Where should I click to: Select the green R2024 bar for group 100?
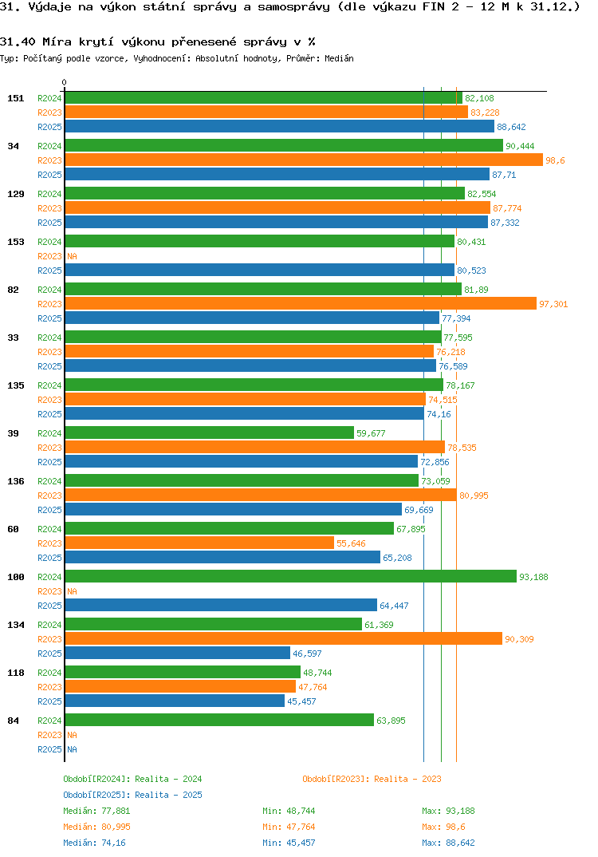click(290, 576)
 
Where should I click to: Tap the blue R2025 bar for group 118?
click(175, 701)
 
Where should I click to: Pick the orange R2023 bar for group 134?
click(283, 638)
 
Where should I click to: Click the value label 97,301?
click(553, 304)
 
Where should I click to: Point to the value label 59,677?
click(371, 433)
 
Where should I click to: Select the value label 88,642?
click(511, 127)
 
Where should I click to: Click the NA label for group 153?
click(72, 256)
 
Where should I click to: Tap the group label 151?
click(15, 98)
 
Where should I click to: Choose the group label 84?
click(13, 721)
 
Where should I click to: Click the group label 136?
click(15, 481)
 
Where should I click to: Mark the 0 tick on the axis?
click(65, 82)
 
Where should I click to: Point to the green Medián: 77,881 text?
click(95, 811)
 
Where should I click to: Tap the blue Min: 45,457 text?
click(294, 843)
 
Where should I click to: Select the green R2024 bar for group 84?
click(219, 720)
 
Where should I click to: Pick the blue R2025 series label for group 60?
click(49, 558)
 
